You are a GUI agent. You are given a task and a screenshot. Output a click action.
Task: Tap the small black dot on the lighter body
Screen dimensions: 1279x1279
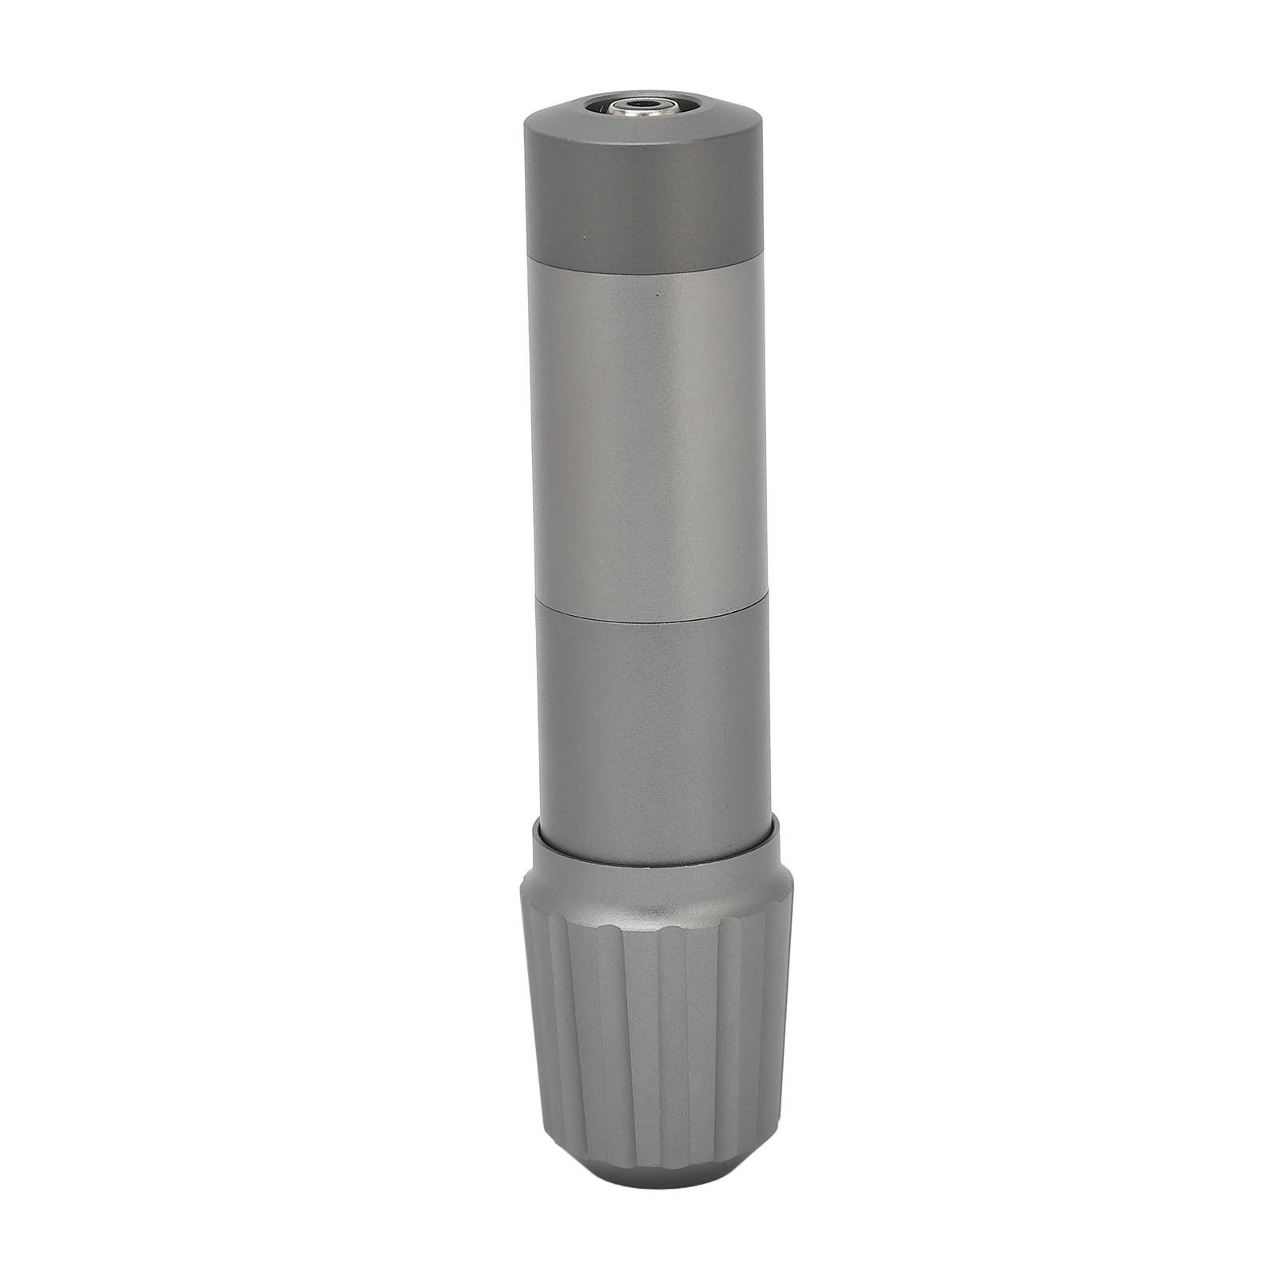(657, 295)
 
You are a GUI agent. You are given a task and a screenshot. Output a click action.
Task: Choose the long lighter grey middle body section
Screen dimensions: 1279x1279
(639, 431)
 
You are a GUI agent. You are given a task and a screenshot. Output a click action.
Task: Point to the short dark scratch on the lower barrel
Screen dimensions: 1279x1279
(724, 731)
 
